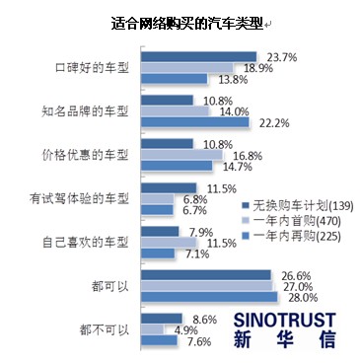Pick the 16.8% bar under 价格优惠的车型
coord(182,155)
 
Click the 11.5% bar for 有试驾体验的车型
coord(170,187)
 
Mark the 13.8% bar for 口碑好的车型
coord(175,78)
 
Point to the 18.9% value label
coord(258,67)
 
